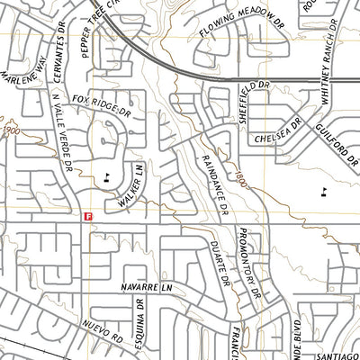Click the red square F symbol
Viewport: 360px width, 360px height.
pos(87,216)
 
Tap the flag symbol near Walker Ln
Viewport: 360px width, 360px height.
pos(109,175)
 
